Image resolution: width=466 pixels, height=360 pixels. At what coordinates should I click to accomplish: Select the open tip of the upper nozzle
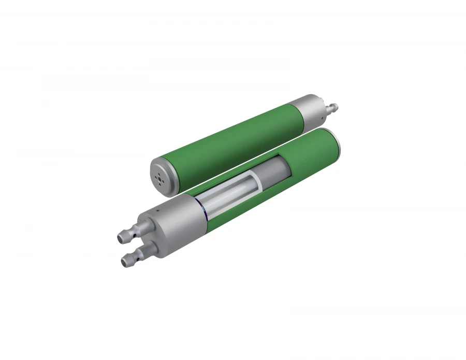tap(120, 238)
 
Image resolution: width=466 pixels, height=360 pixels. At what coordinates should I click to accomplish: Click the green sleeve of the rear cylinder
tap(228, 145)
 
